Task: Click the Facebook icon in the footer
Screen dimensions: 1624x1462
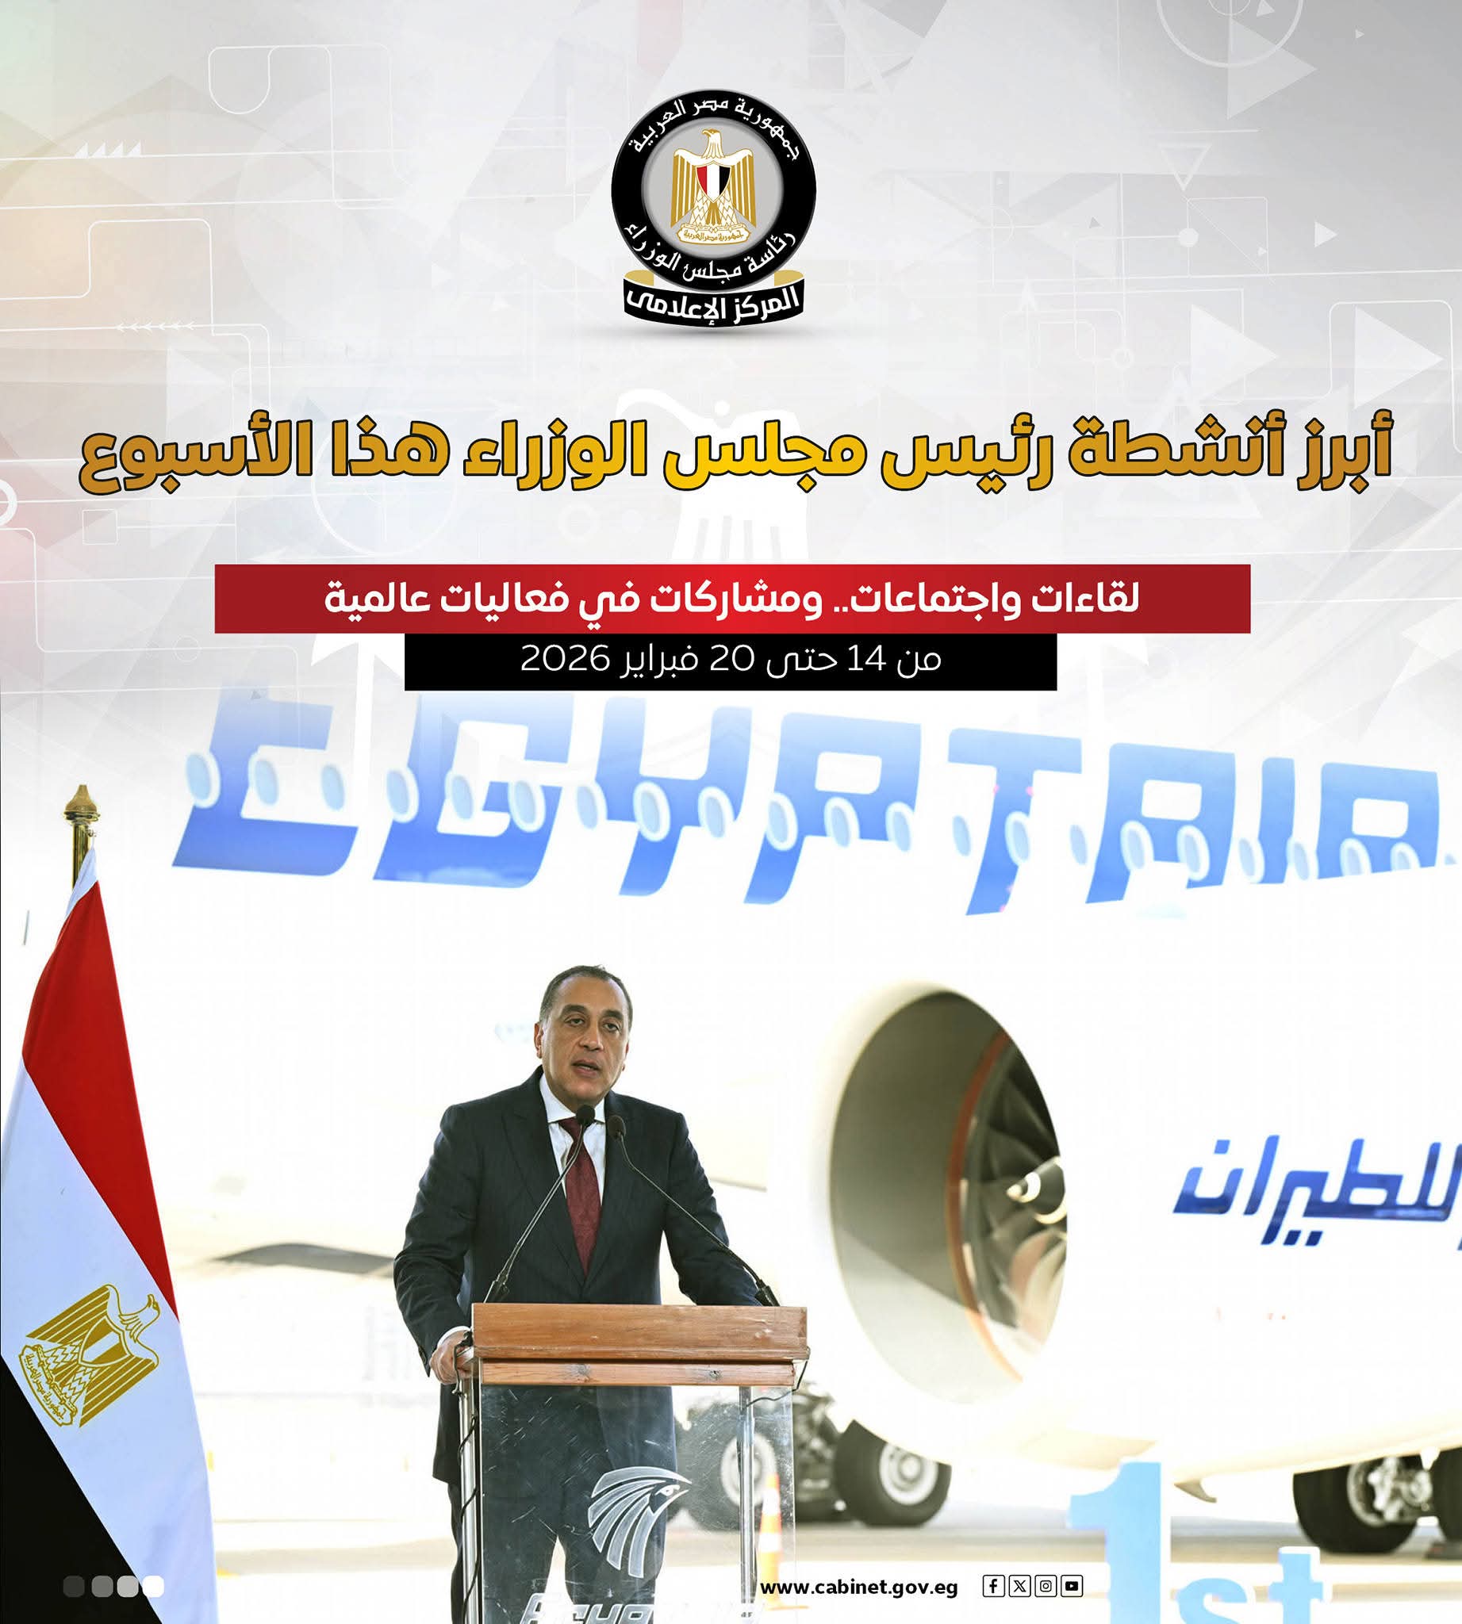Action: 993,1585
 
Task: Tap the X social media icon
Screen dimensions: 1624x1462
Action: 1019,1585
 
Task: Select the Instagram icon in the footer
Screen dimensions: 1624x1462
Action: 1045,1585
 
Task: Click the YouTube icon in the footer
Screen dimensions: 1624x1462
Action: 1072,1585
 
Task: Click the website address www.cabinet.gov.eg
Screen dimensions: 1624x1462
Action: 859,1588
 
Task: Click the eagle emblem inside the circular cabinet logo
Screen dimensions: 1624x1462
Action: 712,189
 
